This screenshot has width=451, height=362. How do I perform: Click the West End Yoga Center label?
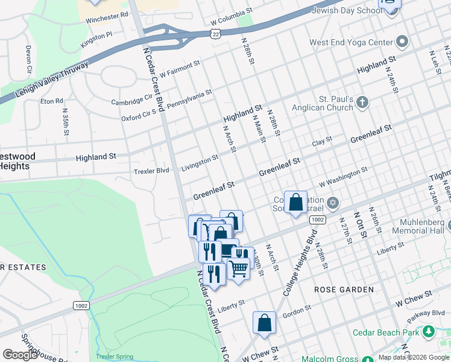point(350,43)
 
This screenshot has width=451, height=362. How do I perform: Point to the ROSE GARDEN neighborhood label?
point(344,290)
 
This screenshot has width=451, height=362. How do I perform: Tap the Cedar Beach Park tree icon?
point(429,331)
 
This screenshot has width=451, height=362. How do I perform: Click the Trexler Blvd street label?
point(151,171)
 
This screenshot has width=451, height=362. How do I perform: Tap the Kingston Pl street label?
point(96,40)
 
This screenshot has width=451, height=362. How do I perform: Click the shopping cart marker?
point(239,268)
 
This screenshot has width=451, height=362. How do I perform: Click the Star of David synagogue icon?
point(333,202)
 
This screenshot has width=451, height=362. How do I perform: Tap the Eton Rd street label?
point(51,101)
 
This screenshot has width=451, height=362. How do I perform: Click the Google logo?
point(20,355)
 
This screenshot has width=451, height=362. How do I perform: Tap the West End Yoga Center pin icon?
point(402,42)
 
